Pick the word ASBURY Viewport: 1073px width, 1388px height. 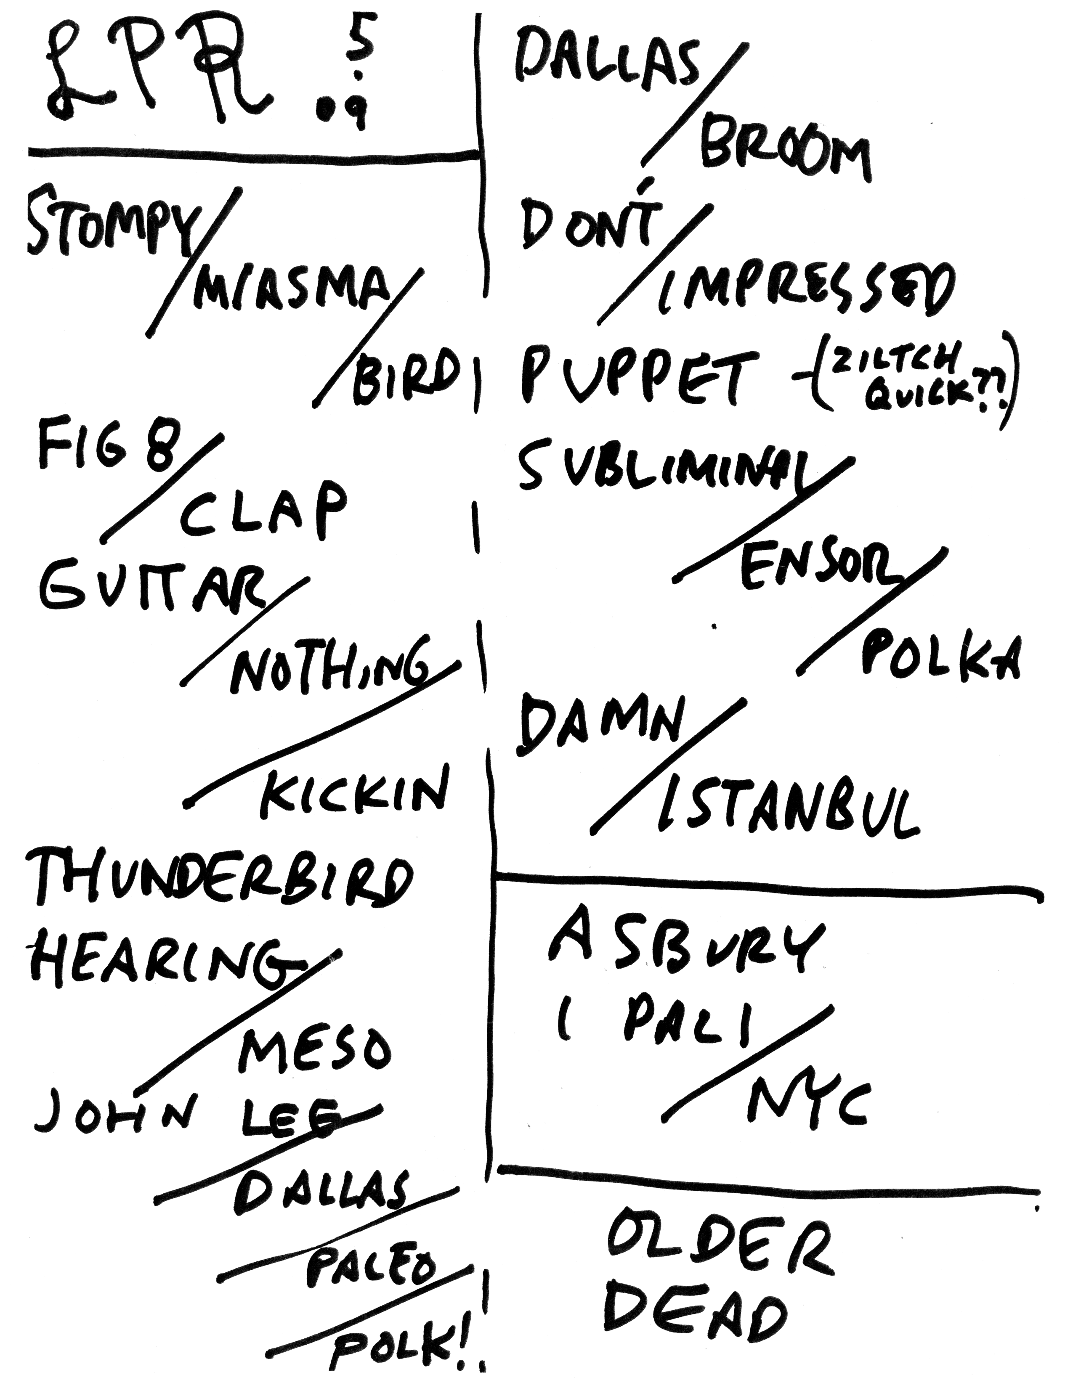pyautogui.click(x=687, y=953)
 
